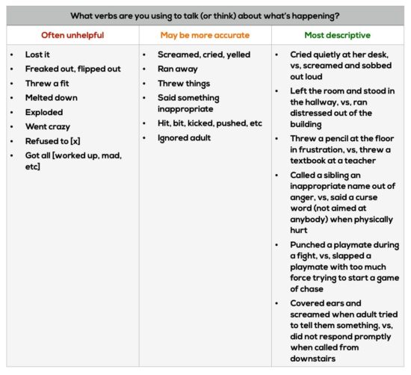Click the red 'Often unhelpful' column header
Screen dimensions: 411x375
72,35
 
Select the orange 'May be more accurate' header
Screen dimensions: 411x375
205,35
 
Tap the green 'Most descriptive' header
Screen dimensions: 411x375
337,35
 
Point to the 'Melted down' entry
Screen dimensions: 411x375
52,98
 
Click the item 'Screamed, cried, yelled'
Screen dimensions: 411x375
204,55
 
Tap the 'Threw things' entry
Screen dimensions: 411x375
184,84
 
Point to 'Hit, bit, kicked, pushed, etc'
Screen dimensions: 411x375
210,123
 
